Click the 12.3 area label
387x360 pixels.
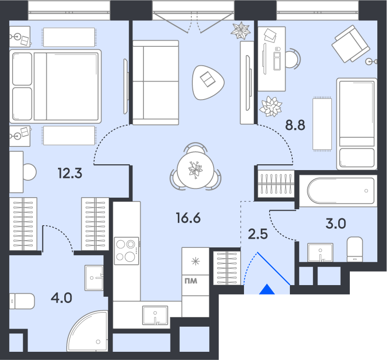pos(70,173)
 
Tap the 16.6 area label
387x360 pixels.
pos(188,218)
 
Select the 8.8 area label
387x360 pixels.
pos(295,125)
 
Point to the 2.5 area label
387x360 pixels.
pos(258,234)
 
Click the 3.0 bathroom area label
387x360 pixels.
pos(336,223)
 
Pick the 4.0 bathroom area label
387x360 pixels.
pos(61,298)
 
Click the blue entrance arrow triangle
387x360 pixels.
pos(267,289)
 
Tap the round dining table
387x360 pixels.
pos(196,171)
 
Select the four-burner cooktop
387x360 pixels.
pos(127,251)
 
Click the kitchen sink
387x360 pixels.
pos(155,316)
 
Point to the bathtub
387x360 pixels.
pos(341,190)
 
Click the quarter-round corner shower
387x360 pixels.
pos(87,331)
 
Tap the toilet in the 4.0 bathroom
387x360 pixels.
pos(22,301)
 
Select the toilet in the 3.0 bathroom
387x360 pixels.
pos(355,249)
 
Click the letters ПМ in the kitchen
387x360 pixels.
pos(191,281)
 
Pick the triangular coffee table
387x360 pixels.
pos(208,82)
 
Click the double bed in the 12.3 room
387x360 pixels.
pos(55,86)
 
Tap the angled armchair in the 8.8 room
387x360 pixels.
pos(351,43)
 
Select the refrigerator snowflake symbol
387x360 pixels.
pos(196,261)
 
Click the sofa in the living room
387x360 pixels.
pos(156,83)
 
